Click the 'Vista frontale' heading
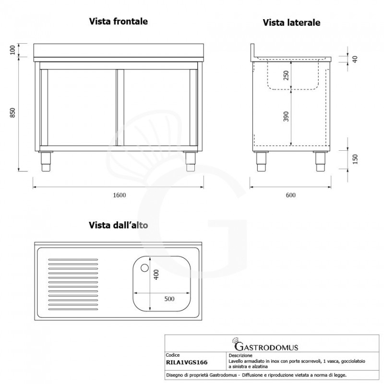tap(118, 22)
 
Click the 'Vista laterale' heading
tap(291, 23)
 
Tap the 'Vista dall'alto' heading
tap(120, 225)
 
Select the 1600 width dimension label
tap(119, 195)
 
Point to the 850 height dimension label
tap(13, 113)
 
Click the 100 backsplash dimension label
tap(13, 50)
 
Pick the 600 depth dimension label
tap(290, 195)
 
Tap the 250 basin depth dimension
tap(287, 76)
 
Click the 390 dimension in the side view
tap(287, 116)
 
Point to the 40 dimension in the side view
tap(355, 59)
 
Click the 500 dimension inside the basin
tap(169, 299)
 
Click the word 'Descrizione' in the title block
tap(237, 356)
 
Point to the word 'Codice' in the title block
tap(173, 356)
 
